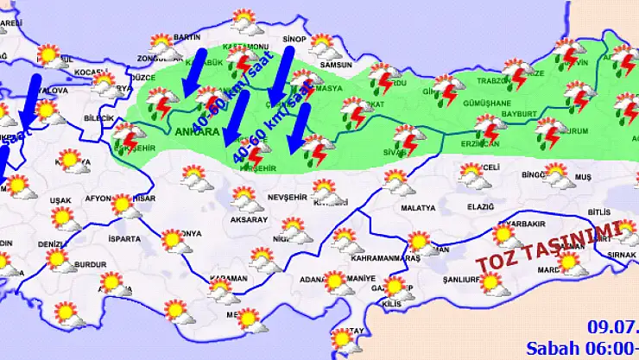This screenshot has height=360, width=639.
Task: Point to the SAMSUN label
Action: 335,66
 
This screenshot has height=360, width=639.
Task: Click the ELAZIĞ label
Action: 479,207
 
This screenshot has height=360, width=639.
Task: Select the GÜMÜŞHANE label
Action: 488,102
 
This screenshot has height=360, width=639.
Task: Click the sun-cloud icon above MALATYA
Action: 396,181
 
